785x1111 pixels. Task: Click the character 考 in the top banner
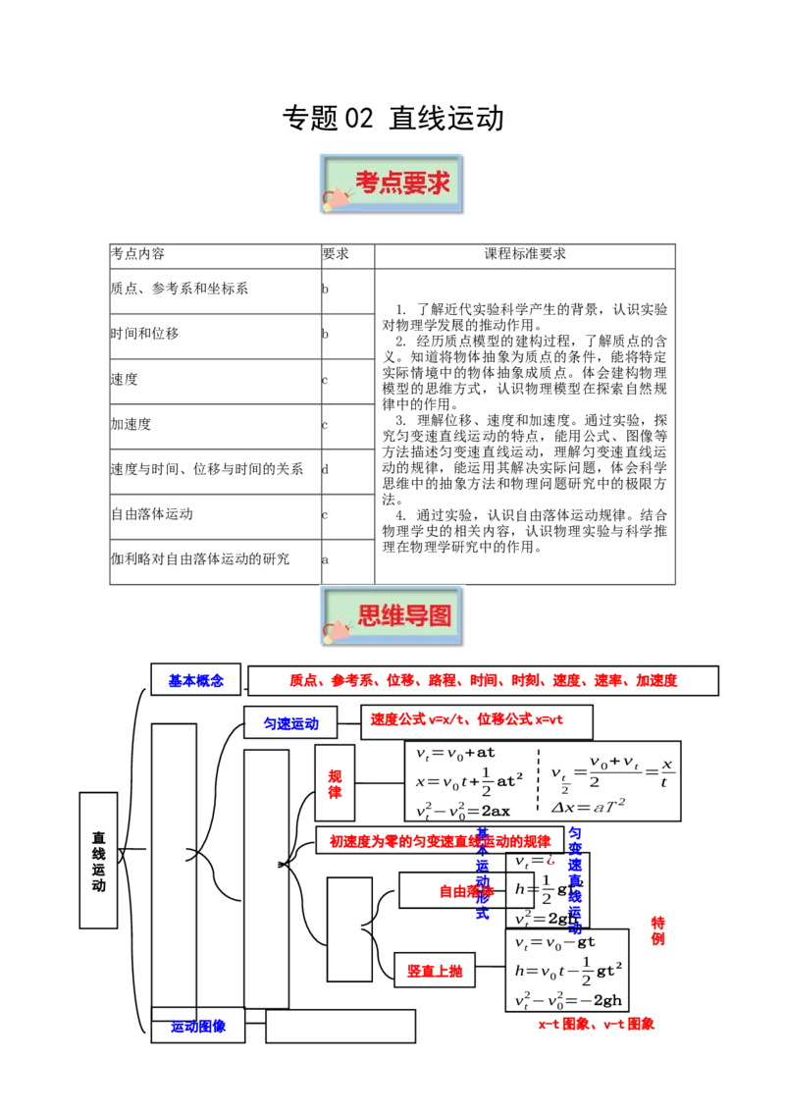point(367,184)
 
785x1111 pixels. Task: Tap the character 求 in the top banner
point(439,184)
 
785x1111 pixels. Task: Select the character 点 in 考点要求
point(391,184)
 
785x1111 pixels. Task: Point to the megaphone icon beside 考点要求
point(336,197)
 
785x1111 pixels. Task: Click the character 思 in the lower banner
point(369,616)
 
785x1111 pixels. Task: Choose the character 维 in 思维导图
point(392,616)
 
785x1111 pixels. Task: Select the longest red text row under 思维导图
point(484,680)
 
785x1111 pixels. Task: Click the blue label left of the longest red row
point(196,681)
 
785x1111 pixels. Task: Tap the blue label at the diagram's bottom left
point(198,1027)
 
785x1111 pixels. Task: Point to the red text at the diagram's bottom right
point(596,1026)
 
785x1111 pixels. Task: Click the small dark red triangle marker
point(550,862)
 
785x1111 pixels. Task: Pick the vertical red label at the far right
point(658,929)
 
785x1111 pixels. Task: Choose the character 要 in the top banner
point(414,184)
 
